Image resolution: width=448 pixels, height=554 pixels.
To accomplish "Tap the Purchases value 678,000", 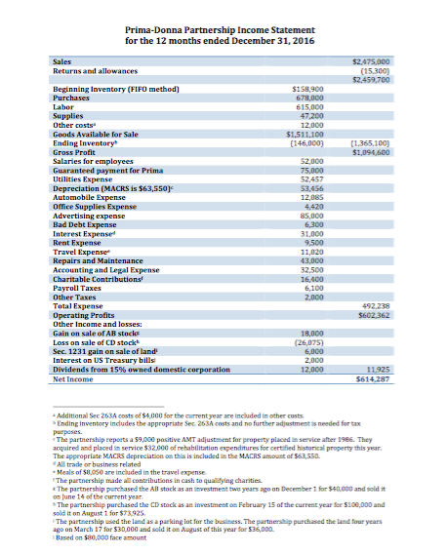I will click(x=308, y=99).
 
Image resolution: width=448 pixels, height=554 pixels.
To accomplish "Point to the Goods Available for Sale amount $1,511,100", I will click(x=305, y=134).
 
